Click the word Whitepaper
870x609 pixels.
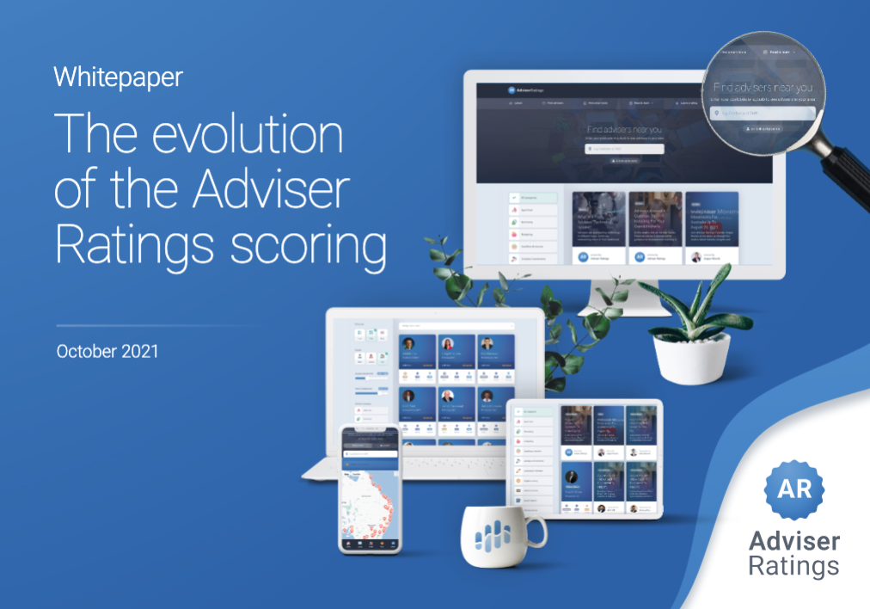click(118, 77)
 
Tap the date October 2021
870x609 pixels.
click(107, 352)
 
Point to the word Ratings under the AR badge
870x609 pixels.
click(793, 566)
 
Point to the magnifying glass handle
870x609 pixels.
click(847, 172)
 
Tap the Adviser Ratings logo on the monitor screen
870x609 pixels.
click(525, 89)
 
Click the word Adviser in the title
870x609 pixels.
click(285, 191)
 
